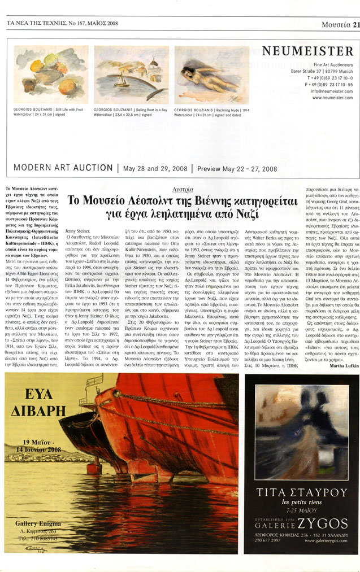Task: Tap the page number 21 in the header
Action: [x=355, y=24]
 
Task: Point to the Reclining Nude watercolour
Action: [x=211, y=75]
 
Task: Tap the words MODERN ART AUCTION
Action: [x=63, y=168]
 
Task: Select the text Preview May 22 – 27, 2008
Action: [x=236, y=168]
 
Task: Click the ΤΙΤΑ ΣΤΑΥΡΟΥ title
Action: [x=301, y=492]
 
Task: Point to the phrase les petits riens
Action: [x=301, y=502]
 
